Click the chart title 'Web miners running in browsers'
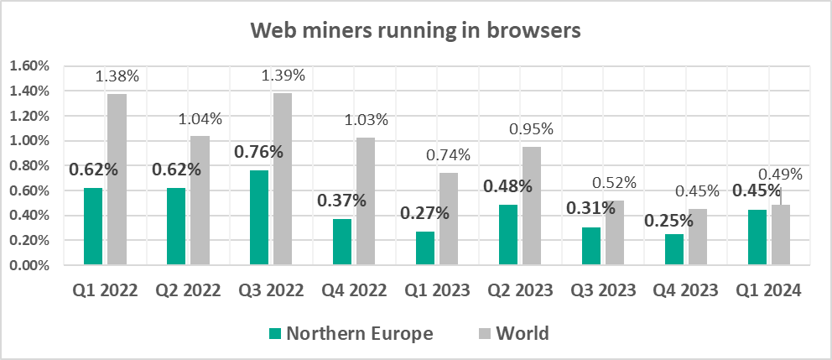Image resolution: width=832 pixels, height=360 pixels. [x=416, y=32]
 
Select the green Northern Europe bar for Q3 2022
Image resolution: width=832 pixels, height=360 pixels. [x=260, y=218]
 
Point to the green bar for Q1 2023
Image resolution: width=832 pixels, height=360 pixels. [x=425, y=248]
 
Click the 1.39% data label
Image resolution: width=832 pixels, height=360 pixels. [x=283, y=76]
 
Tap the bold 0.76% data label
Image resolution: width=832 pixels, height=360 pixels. [x=258, y=153]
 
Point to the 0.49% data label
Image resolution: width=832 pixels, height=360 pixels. [x=780, y=175]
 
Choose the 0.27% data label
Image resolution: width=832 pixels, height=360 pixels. [x=425, y=213]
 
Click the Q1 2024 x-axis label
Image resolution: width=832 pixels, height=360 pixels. [x=768, y=291]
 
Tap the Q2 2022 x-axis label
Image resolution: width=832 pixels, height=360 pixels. [x=188, y=291]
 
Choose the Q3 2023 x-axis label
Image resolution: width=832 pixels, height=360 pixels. [x=602, y=291]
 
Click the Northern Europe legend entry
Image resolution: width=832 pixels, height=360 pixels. [x=351, y=333]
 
